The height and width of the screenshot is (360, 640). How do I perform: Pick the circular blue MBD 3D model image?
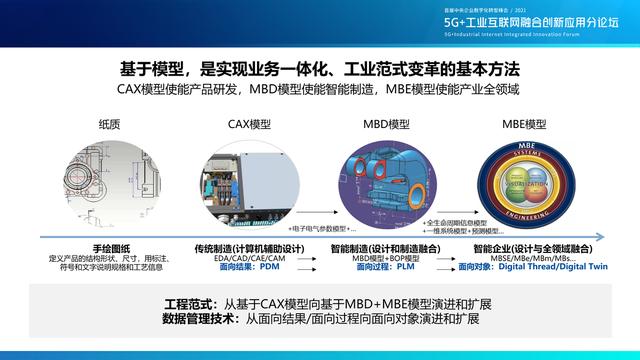point(387,184)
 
